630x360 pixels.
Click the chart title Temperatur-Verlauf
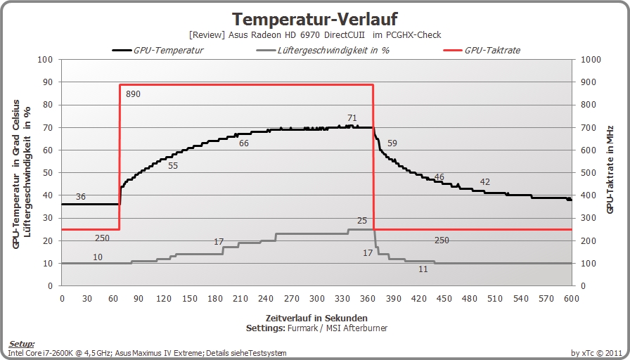[x=315, y=19]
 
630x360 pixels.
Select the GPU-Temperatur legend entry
[x=157, y=50]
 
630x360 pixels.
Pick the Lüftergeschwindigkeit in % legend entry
[x=322, y=50]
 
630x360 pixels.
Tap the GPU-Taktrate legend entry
[x=482, y=50]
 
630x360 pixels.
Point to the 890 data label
[x=133, y=94]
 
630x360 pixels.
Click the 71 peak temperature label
[x=352, y=117]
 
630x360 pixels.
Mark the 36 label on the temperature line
[x=81, y=196]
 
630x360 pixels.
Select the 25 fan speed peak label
[x=362, y=221]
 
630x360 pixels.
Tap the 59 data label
[x=392, y=143]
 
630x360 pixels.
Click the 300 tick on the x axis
[x=317, y=299]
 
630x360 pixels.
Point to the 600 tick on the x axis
[x=572, y=299]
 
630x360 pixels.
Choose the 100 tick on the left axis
[x=45, y=60]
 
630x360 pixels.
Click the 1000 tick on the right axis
[x=591, y=60]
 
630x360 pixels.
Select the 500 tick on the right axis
[x=589, y=173]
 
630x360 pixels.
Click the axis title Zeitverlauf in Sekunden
[x=316, y=319]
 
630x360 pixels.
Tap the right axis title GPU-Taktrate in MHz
[x=610, y=169]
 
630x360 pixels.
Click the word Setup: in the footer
[x=22, y=345]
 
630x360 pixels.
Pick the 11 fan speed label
[x=423, y=269]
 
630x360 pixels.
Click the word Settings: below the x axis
[x=266, y=328]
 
